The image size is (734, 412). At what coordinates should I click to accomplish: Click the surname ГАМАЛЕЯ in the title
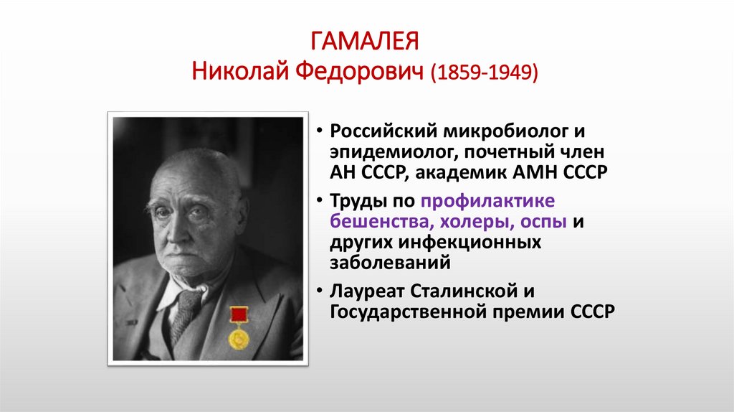click(x=366, y=42)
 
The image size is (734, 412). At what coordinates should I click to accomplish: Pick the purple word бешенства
click(x=377, y=223)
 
